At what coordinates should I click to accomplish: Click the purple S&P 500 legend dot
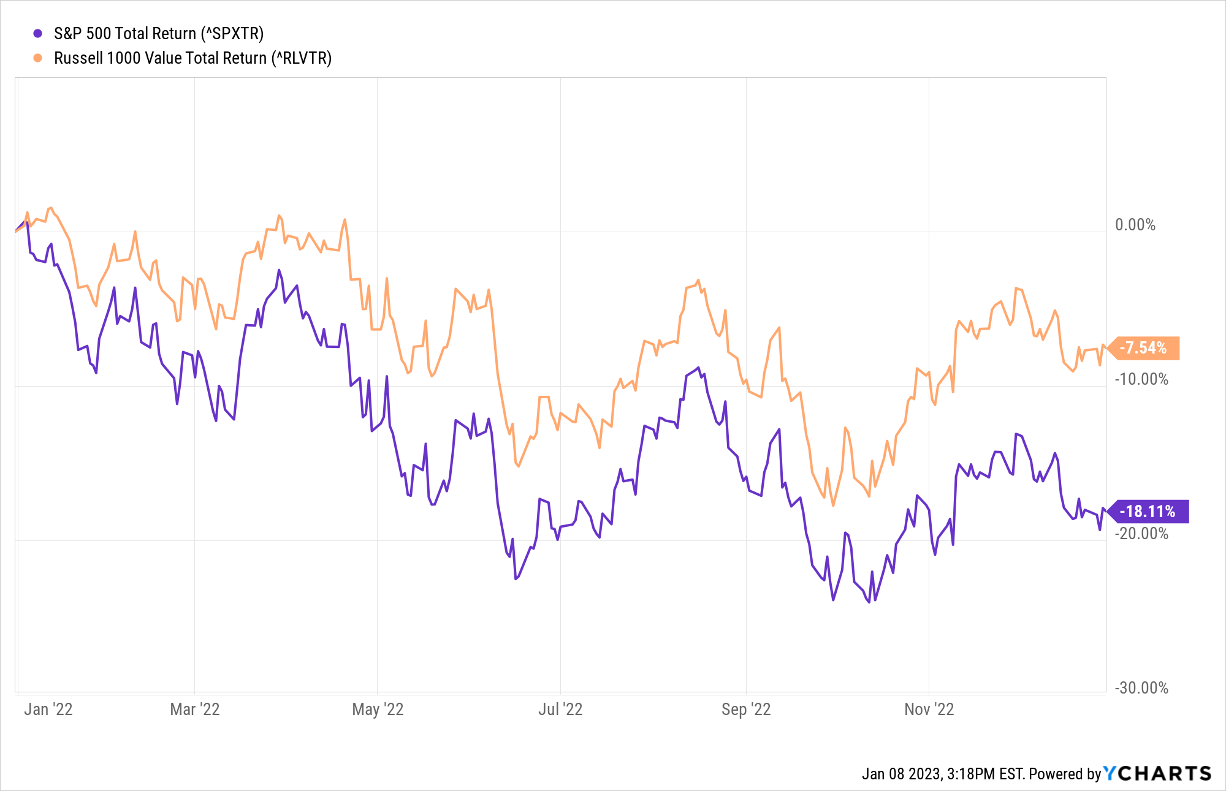coord(38,34)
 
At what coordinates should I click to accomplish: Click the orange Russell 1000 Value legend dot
coord(38,58)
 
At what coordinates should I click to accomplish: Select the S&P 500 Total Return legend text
coord(159,34)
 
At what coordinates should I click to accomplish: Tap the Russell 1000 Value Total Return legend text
coord(192,58)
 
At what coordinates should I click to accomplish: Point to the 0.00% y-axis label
coord(1135,225)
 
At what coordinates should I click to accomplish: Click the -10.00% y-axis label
coord(1141,379)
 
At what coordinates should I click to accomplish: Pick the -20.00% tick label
coord(1141,534)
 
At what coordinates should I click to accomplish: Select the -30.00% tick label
coord(1141,688)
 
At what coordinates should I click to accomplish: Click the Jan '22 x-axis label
coord(48,710)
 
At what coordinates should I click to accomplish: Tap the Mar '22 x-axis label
coord(195,710)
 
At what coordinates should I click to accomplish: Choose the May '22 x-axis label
coord(378,710)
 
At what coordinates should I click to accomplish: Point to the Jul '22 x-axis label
coord(560,710)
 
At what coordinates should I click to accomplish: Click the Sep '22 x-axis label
coord(746,710)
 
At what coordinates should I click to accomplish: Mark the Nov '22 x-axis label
coord(929,710)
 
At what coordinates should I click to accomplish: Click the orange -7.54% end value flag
coord(1144,348)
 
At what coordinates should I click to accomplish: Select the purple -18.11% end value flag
coord(1148,512)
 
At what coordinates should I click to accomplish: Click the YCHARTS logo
coord(1157,774)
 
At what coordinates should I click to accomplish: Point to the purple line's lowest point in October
coord(869,602)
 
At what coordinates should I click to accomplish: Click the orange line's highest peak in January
coord(50,208)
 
